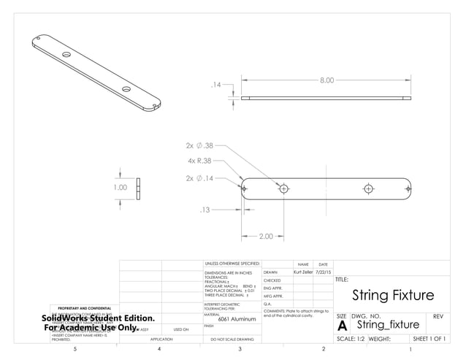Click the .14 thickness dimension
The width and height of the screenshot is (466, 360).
click(216, 85)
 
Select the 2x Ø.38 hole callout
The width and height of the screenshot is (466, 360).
click(199, 145)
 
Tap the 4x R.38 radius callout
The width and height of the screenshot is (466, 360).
click(199, 161)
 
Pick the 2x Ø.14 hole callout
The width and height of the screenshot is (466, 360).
click(199, 178)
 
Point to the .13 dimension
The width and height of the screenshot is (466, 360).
click(205, 210)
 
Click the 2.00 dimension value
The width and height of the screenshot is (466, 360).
click(266, 236)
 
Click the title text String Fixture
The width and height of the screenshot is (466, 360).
click(392, 296)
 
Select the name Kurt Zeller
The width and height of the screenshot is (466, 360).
click(302, 272)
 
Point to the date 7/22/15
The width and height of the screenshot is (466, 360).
click(324, 272)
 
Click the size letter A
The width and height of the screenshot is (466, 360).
click(342, 326)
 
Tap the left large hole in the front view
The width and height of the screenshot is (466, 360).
click(284, 188)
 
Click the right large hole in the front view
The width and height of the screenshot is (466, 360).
click(369, 188)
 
